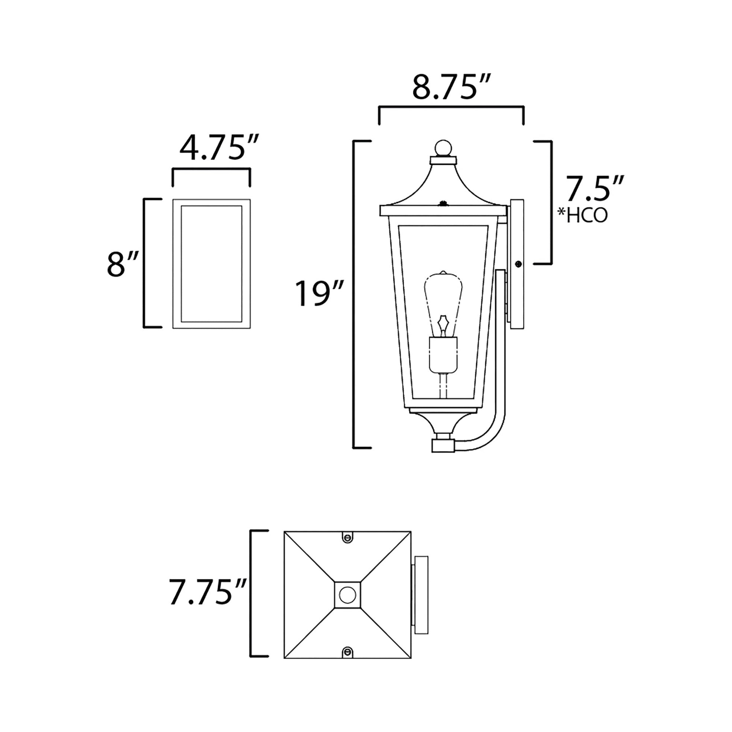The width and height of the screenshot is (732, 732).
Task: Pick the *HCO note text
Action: click(x=583, y=215)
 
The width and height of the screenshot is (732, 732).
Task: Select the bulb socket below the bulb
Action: click(x=443, y=355)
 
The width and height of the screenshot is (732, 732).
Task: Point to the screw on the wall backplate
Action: click(x=518, y=264)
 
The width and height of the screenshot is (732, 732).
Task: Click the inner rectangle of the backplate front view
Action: click(x=211, y=264)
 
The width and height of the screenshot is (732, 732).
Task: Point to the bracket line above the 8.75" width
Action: click(x=451, y=108)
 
